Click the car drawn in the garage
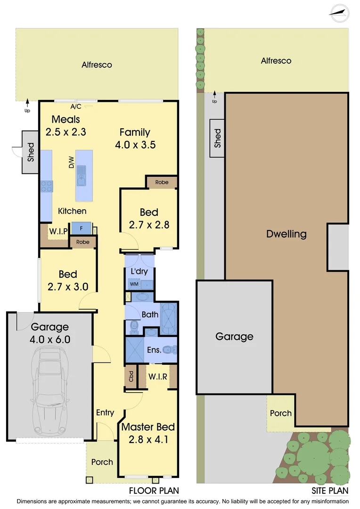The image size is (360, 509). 49,392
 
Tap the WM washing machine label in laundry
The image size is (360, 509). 133,284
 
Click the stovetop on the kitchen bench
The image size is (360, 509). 46,187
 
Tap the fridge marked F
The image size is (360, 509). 81,228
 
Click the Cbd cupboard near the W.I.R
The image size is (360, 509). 131,377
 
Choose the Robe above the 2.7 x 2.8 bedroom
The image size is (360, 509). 162,181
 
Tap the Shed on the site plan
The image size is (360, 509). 217,139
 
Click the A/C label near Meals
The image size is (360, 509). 76,107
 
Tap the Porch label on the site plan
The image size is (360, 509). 280,413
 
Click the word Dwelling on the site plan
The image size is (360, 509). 286,234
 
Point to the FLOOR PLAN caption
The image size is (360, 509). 154,491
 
